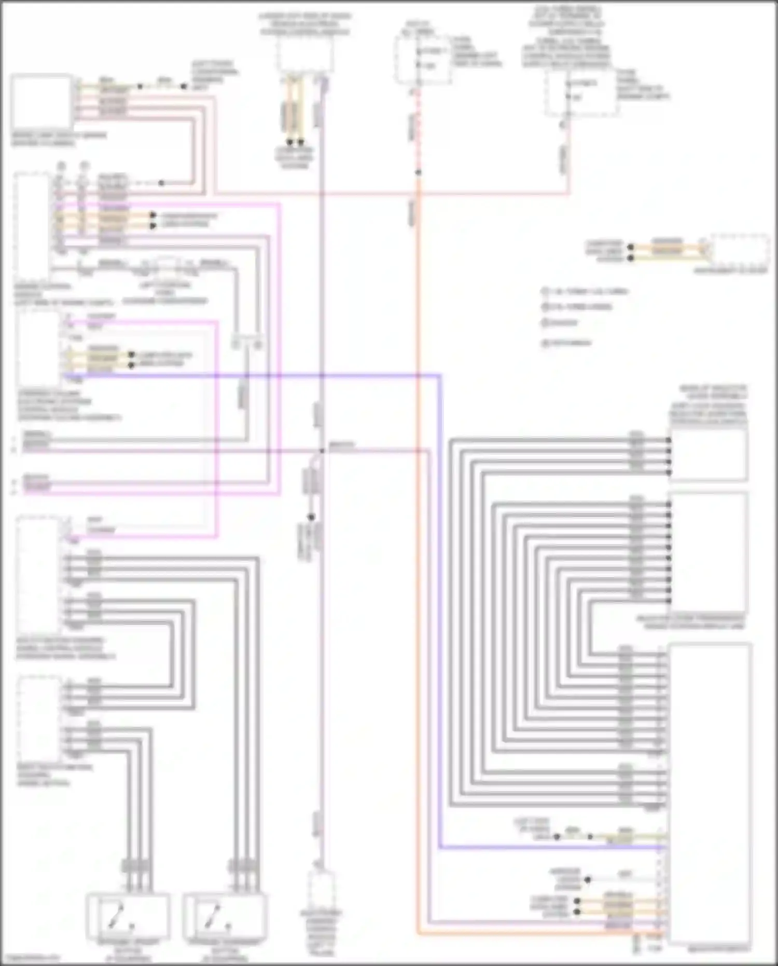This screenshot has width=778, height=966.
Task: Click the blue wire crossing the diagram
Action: pos(440,623)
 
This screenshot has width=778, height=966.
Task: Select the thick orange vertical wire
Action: pos(418,571)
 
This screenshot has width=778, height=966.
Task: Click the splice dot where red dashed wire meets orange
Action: pos(418,172)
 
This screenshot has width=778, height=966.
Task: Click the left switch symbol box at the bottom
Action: pos(128,917)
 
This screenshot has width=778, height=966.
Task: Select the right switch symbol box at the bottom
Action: pos(226,917)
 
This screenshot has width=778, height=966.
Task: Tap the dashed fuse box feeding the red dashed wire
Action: pos(421,59)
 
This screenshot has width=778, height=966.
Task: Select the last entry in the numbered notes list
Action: pos(566,343)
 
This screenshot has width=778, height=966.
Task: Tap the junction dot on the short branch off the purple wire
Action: pos(312,518)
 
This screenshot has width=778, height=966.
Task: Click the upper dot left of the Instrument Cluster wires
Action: pos(631,247)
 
